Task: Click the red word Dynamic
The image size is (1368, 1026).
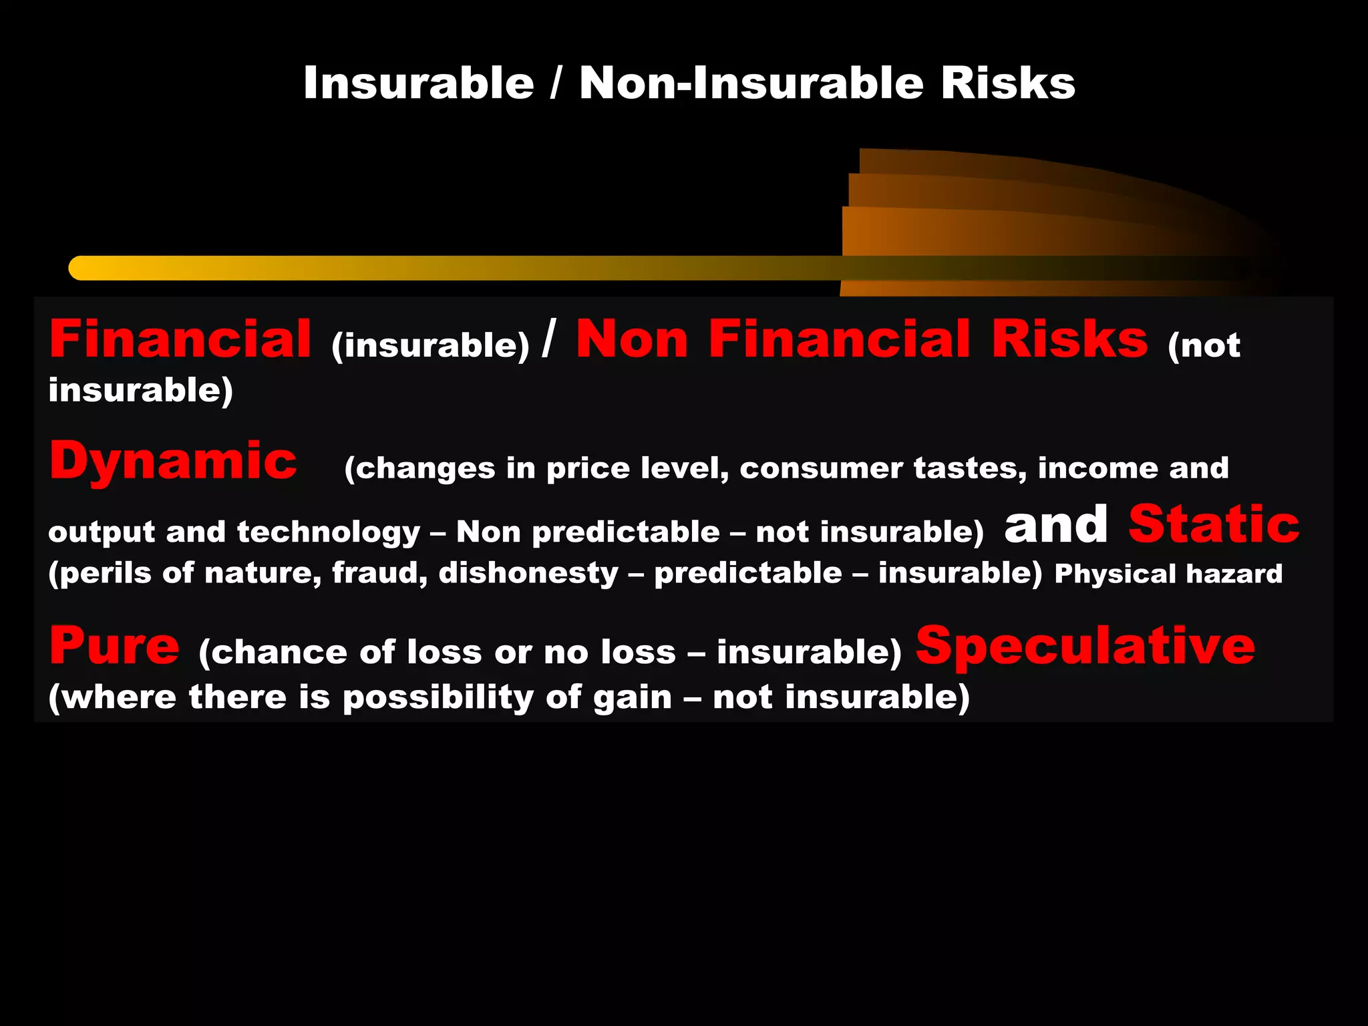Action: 173,461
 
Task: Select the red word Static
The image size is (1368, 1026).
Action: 1214,524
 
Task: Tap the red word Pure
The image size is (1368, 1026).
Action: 114,646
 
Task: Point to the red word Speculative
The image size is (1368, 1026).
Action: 1085,646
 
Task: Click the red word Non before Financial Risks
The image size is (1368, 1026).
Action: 631,339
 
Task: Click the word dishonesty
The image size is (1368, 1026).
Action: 528,573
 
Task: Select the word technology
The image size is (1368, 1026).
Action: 328,532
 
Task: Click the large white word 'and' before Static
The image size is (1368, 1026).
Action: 1056,524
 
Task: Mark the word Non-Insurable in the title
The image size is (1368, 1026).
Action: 752,83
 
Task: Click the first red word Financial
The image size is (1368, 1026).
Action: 180,339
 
